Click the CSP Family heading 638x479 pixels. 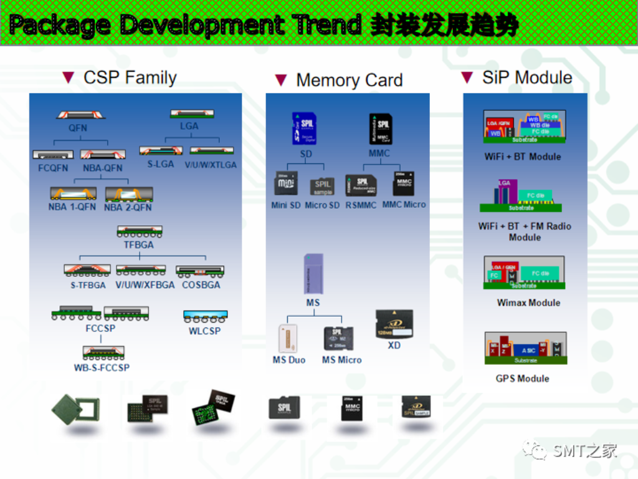pos(130,78)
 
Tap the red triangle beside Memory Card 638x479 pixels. pos(281,80)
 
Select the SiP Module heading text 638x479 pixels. pos(527,78)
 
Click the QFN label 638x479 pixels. pos(78,128)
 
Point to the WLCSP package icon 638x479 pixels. pos(205,315)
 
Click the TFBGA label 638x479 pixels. pos(138,245)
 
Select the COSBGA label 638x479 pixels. pos(201,285)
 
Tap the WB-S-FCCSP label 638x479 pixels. pos(102,368)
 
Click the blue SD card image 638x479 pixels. pos(305,128)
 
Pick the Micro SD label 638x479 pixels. pos(322,205)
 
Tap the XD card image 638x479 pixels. pos(393,324)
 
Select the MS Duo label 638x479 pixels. pos(288,360)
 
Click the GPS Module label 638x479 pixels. pos(522,379)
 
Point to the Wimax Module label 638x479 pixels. pos(528,303)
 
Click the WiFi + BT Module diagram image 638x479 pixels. pos(524,127)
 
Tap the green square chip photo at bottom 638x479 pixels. pos(75,409)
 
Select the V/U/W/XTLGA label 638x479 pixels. pos(211,165)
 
